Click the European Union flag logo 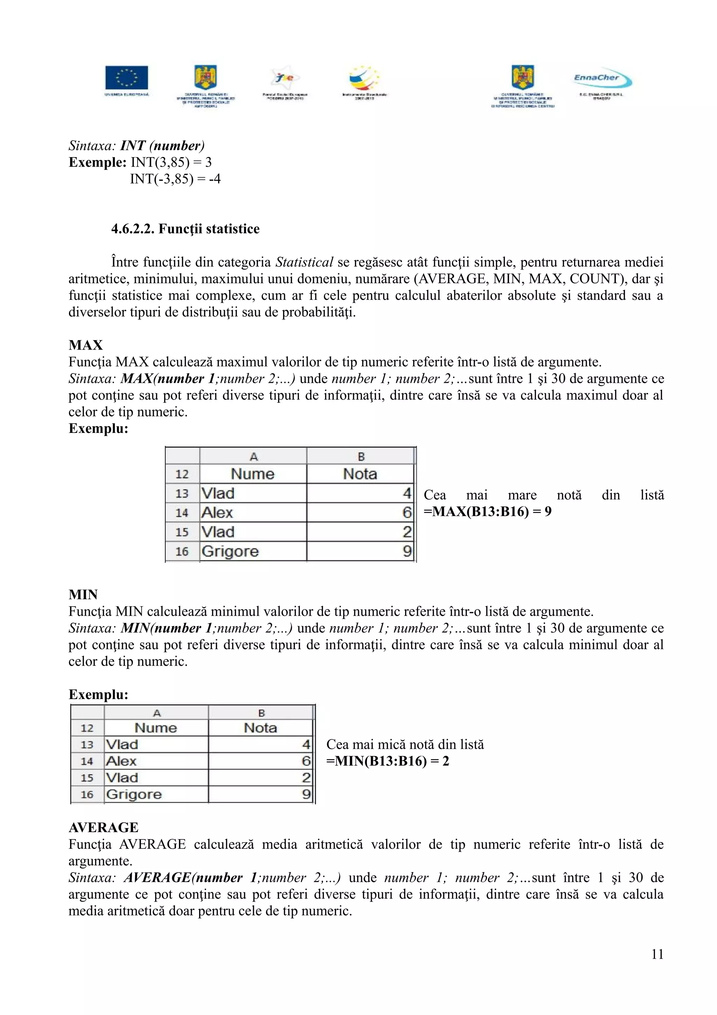pyautogui.click(x=126, y=78)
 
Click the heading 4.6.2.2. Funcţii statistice pyautogui.click(x=185, y=229)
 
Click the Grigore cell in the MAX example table pyautogui.click(x=230, y=551)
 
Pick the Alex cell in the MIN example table pyautogui.click(x=121, y=761)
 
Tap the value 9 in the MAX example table pyautogui.click(x=407, y=551)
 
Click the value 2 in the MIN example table pyautogui.click(x=306, y=778)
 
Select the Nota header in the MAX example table pyautogui.click(x=360, y=474)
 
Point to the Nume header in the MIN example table pyautogui.click(x=155, y=728)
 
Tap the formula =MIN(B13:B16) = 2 pyautogui.click(x=388, y=761)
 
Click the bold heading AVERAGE pyautogui.click(x=103, y=828)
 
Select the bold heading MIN pyautogui.click(x=83, y=595)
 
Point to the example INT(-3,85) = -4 pyautogui.click(x=175, y=179)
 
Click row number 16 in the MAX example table pyautogui.click(x=182, y=551)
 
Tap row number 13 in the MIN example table pyautogui.click(x=87, y=745)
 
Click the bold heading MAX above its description pyautogui.click(x=86, y=345)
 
